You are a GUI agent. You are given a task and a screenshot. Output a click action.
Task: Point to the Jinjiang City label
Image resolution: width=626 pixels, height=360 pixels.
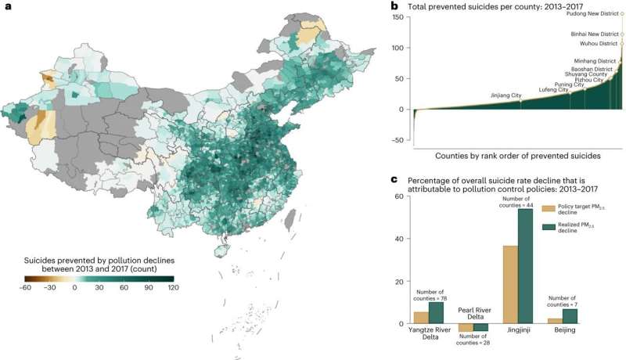pyautogui.click(x=505, y=95)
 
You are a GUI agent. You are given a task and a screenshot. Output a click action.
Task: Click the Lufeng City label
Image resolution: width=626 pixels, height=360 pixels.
pyautogui.click(x=553, y=90)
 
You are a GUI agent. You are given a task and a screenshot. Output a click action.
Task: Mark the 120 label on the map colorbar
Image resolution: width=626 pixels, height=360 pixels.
pyautogui.click(x=173, y=288)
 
